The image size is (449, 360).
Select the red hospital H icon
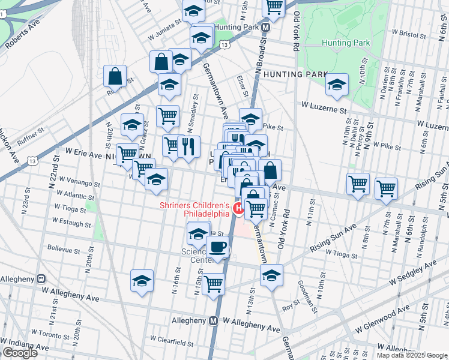click(238, 209)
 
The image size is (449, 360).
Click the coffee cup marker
click(218, 247)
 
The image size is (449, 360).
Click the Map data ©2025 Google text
click(412, 355)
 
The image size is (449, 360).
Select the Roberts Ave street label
click(23, 41)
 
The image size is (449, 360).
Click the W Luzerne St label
click(324, 110)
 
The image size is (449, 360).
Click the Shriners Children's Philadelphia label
click(194, 209)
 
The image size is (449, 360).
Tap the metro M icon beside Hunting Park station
click(264, 28)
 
